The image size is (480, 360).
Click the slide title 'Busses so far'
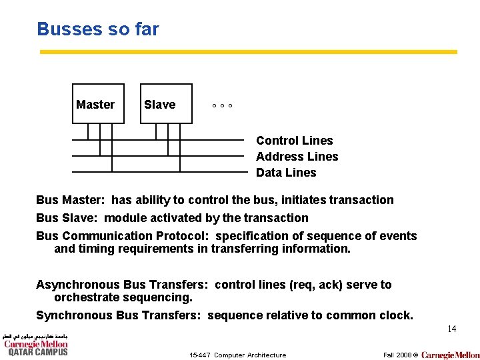[x=98, y=29]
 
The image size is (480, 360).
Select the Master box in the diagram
[x=98, y=104]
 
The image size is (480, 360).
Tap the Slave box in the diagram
[x=166, y=104]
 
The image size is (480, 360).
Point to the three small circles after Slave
[x=222, y=106]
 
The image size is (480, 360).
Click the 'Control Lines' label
[x=294, y=141]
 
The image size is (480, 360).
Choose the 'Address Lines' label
[x=297, y=157]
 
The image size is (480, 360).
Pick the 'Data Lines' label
[x=286, y=173]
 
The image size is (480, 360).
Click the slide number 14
[x=451, y=329]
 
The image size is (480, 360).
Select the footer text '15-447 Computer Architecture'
[x=237, y=355]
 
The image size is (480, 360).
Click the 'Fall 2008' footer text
[x=397, y=355]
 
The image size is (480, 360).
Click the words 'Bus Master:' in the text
[x=71, y=200]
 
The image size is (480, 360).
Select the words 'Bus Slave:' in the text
[x=67, y=218]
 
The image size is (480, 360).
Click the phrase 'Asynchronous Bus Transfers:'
[x=123, y=285]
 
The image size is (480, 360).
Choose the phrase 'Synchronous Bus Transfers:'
[x=118, y=315]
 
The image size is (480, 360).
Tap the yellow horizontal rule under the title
[x=248, y=51]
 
